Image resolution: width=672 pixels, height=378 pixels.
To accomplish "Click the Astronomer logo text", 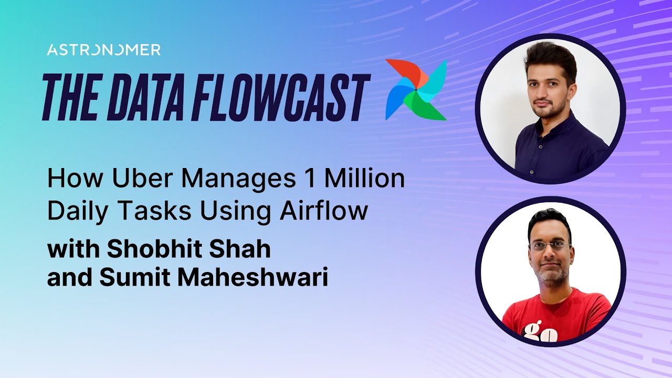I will (103, 50).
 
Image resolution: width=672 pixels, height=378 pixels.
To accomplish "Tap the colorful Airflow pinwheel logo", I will (416, 89).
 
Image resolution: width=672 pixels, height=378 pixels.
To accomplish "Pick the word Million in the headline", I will (364, 180).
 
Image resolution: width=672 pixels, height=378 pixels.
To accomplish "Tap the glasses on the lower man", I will (550, 245).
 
